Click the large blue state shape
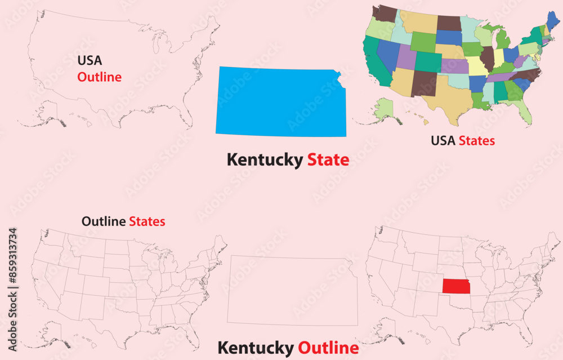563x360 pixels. point(280,102)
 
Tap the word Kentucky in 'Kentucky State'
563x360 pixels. point(265,160)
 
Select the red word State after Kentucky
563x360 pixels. point(328,160)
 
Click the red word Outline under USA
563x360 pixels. point(100,77)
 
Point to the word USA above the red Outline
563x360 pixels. point(90,60)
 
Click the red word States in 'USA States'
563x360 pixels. point(477,141)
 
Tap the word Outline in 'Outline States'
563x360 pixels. point(104,221)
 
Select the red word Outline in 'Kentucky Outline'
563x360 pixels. point(328,348)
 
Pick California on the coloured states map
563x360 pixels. point(372,62)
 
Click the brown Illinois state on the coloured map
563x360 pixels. point(488,57)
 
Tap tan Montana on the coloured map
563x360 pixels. point(418,21)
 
